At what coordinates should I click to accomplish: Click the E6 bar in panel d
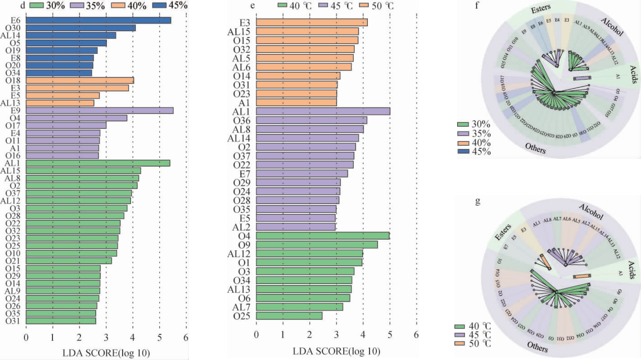(98, 20)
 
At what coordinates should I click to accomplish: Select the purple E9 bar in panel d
(99, 111)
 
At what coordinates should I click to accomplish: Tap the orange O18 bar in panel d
(80, 80)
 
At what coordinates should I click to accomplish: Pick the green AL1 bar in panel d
(98, 163)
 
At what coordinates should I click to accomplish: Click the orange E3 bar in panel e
(312, 23)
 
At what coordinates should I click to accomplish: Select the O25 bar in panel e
(289, 316)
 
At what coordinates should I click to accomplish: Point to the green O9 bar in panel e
(317, 245)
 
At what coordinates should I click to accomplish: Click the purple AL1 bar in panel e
(323, 111)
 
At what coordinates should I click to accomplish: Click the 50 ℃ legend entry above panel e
(377, 6)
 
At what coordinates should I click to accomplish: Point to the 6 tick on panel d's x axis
(186, 337)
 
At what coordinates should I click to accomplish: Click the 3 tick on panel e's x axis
(336, 335)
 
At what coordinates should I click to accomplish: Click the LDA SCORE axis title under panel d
(106, 353)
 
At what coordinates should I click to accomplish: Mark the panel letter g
(477, 201)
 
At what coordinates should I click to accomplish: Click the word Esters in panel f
(541, 8)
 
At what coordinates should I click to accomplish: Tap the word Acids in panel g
(632, 270)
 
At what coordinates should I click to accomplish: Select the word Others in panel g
(537, 347)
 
